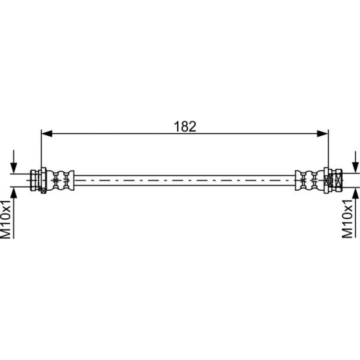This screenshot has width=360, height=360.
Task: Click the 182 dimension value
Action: (x=185, y=127)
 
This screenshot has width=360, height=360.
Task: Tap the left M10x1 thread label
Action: (x=6, y=219)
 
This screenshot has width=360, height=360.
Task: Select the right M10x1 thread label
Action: (x=347, y=219)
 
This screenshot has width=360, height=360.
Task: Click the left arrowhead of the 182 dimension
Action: (x=47, y=133)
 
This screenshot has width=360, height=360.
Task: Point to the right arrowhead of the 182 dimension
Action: (x=323, y=133)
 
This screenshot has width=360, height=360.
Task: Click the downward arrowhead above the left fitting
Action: (x=14, y=168)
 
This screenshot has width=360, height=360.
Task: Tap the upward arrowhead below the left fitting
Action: (x=14, y=193)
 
